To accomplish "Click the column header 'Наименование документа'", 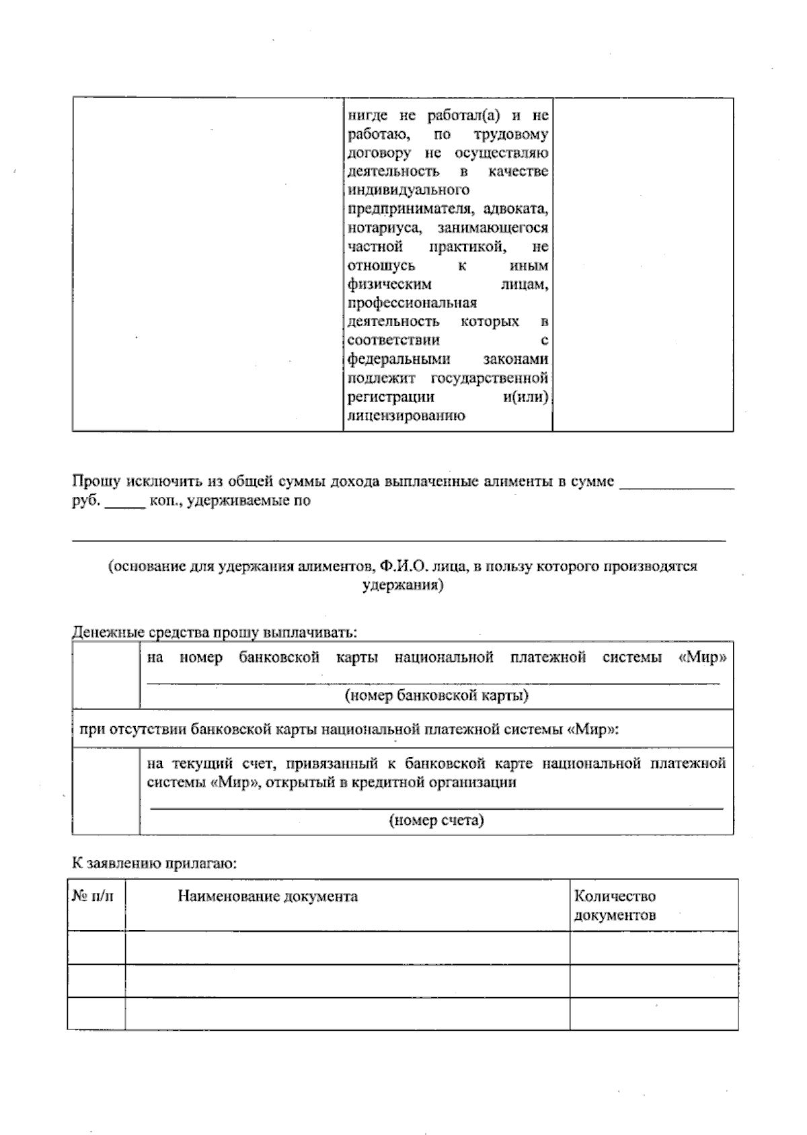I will (268, 896).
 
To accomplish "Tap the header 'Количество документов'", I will (615, 905).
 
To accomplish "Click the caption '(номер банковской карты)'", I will (436, 695).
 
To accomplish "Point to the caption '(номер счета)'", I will (436, 820).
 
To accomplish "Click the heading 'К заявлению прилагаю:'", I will (154, 864).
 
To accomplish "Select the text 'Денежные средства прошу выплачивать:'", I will (215, 633).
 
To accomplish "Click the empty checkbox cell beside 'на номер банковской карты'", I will (106, 675).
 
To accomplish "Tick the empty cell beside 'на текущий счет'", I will (106, 791).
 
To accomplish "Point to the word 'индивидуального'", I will (408, 190).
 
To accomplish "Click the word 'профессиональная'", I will (412, 303).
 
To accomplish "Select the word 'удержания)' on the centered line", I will (402, 586).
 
